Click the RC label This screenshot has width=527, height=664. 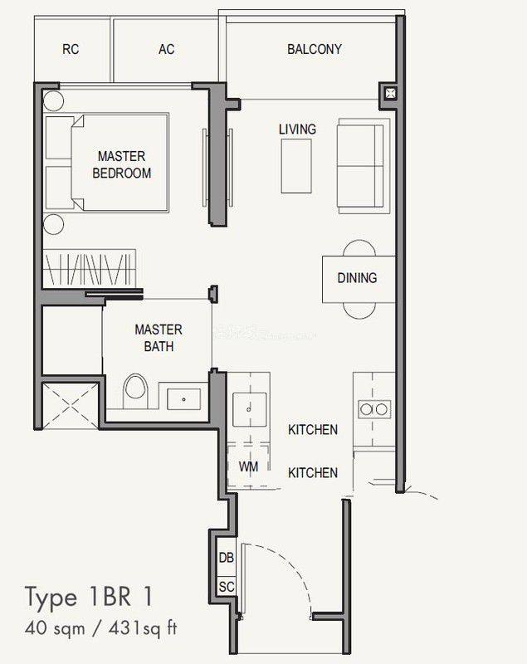click(71, 49)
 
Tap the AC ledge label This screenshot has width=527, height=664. click(167, 49)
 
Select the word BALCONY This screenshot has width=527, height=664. click(315, 49)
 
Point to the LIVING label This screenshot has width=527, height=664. click(297, 129)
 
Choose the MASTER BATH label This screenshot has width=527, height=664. click(158, 338)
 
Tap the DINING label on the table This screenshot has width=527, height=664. click(357, 278)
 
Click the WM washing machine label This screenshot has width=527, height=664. click(248, 467)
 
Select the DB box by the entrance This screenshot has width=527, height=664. click(226, 558)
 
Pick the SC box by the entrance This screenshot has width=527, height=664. click(226, 587)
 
